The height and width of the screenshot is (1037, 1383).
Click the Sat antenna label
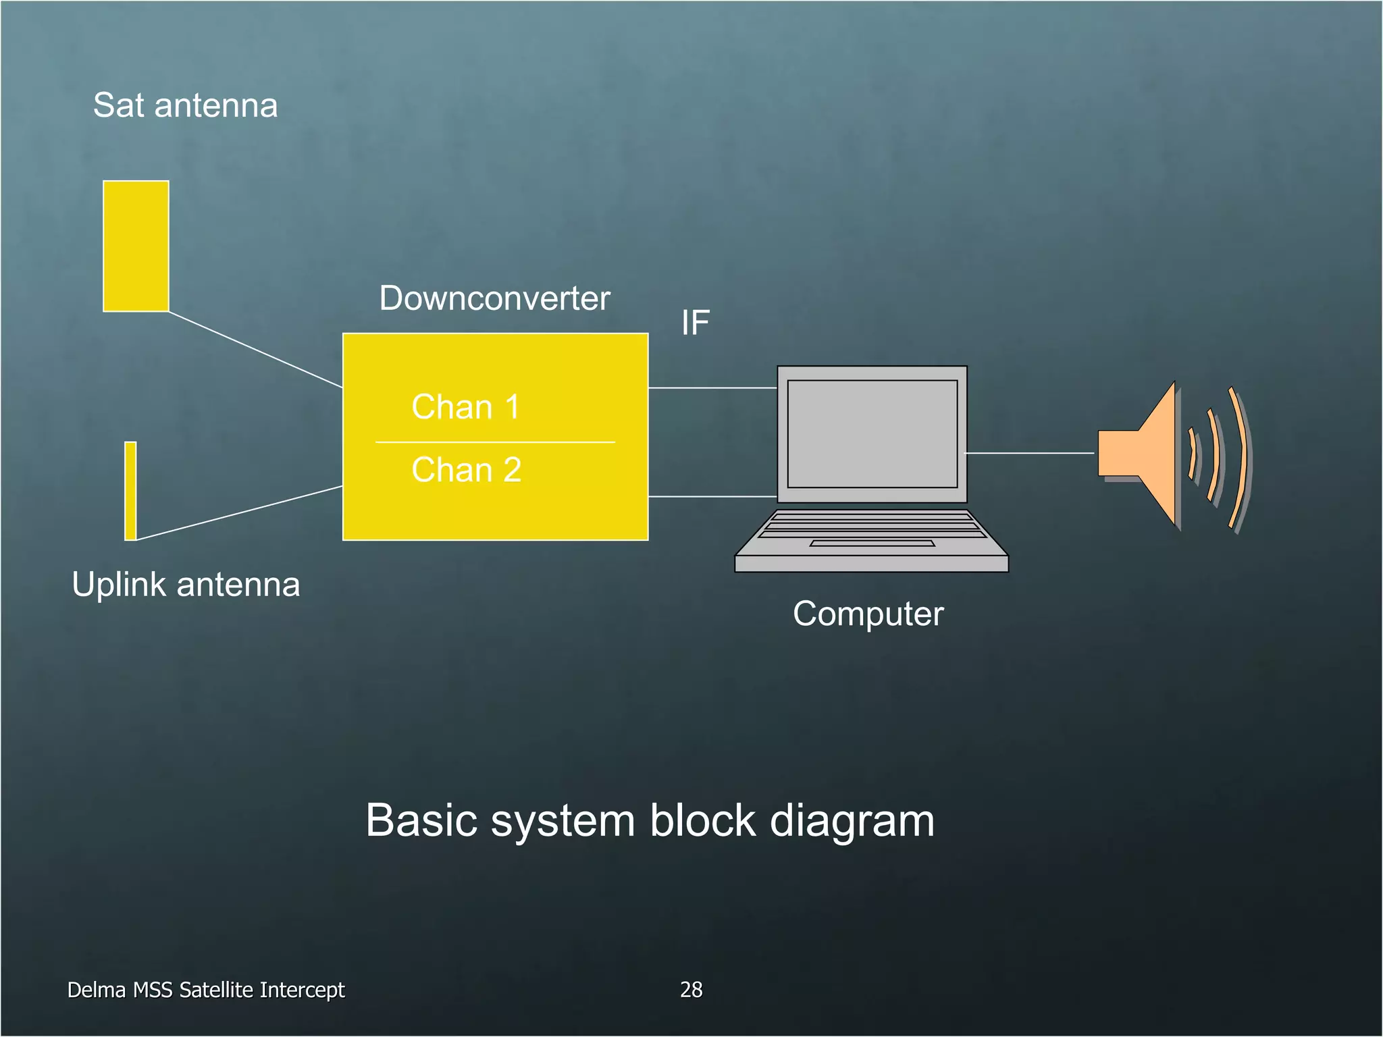(185, 105)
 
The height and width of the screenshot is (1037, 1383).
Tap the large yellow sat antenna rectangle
(136, 246)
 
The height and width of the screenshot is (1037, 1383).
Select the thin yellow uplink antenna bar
(130, 491)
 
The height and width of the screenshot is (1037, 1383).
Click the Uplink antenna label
(186, 585)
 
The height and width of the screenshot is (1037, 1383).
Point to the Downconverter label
(494, 298)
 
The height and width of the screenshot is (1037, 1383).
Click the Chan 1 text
(465, 407)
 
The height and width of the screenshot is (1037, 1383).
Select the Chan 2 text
(466, 470)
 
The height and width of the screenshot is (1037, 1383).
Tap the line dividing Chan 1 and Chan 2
(495, 442)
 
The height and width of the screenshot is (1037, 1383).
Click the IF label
(695, 323)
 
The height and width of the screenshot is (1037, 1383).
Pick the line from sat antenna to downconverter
(255, 350)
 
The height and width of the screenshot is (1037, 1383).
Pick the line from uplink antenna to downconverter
(240, 513)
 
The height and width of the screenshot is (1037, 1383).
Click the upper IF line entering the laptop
(712, 388)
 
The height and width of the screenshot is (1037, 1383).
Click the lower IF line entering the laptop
(712, 496)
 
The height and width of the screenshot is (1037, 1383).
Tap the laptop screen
(872, 433)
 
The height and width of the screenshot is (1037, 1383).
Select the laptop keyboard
(871, 525)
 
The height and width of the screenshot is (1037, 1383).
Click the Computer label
(868, 614)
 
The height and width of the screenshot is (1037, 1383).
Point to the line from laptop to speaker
(1030, 453)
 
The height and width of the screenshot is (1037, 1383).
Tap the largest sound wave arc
(1241, 458)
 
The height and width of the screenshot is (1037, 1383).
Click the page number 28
(691, 990)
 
